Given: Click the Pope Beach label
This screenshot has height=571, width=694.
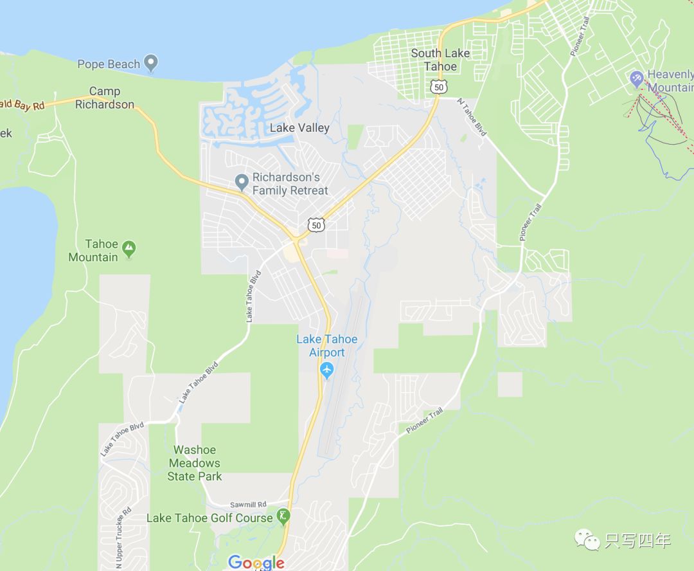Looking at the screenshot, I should pos(108,64).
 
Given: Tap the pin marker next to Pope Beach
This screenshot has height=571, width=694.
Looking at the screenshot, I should pos(151,64).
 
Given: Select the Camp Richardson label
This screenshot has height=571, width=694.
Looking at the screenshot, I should pos(105,98).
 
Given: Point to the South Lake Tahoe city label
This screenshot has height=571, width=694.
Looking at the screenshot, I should pos(440,60).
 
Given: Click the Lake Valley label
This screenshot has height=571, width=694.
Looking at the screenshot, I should pos(299,128).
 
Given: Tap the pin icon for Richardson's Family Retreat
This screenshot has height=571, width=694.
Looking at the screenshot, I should pos(242,183).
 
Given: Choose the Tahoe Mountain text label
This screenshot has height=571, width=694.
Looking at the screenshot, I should pos(93,250).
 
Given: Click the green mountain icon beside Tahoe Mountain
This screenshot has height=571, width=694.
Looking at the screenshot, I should pos(129,248).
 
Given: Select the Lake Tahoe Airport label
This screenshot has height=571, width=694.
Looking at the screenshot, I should pos(326,346).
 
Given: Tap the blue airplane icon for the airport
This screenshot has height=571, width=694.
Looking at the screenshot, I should pos(327,370).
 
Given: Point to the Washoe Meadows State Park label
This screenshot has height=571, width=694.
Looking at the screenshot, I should pos(195,463).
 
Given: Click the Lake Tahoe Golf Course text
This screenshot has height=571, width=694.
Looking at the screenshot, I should pos(209,518).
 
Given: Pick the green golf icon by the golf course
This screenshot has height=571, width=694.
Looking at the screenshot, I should pos(283,516).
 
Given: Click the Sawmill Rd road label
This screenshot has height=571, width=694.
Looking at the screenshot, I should pos(248,505).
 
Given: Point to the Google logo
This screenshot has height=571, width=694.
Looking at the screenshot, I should pos(256,563).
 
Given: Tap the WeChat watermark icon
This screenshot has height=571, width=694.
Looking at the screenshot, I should pos(587,539).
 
